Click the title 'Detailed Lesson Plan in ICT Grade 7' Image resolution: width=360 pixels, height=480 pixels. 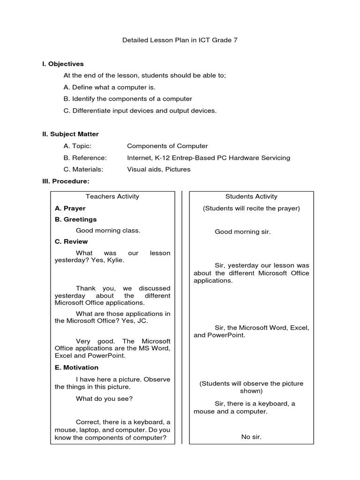(x=180, y=40)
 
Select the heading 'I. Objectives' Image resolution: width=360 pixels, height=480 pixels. (x=63, y=64)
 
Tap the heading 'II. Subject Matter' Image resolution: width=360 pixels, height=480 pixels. (x=70, y=134)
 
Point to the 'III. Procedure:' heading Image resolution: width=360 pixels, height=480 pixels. (x=66, y=181)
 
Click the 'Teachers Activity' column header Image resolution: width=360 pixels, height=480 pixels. (x=112, y=196)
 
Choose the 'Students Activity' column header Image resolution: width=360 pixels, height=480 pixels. (x=251, y=196)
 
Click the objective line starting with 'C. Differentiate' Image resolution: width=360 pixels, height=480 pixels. (x=140, y=111)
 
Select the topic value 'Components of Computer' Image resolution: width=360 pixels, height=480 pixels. (x=167, y=146)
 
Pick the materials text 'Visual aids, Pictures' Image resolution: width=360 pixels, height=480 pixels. (x=159, y=169)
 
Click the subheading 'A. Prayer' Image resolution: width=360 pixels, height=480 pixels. (x=70, y=208)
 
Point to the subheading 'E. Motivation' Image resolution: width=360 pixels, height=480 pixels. (x=76, y=367)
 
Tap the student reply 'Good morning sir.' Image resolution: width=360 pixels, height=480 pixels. (x=242, y=232)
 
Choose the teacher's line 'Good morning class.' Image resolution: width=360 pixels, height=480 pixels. (x=108, y=230)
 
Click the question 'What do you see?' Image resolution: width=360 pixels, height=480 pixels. (x=104, y=398)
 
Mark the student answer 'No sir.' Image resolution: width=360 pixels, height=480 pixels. (x=251, y=437)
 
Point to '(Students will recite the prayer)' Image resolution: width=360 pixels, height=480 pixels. (x=251, y=208)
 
